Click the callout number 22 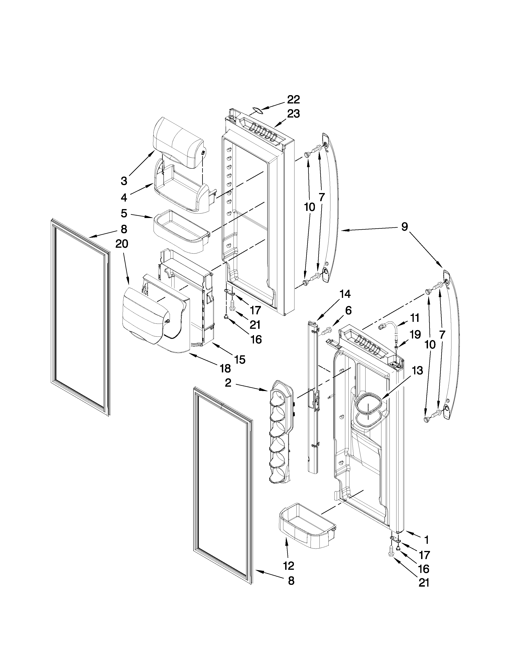pos(293,99)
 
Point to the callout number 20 pos(122,244)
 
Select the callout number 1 pos(426,540)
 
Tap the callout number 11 pos(415,318)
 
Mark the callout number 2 pos(228,383)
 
